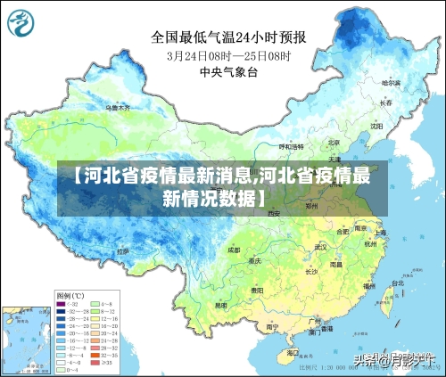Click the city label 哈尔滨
tap(390, 82)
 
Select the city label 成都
tap(235, 250)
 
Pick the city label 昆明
tap(220, 305)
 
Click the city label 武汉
tap(320, 247)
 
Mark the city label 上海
tap(380, 233)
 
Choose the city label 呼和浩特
tap(291, 145)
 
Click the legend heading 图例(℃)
tap(70, 294)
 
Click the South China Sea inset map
tap(25, 339)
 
